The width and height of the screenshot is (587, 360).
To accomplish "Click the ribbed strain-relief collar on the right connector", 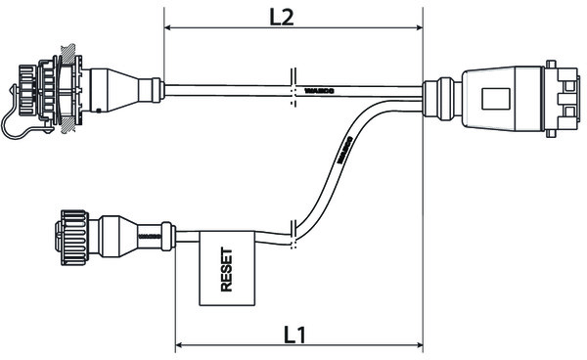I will click(438, 96).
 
